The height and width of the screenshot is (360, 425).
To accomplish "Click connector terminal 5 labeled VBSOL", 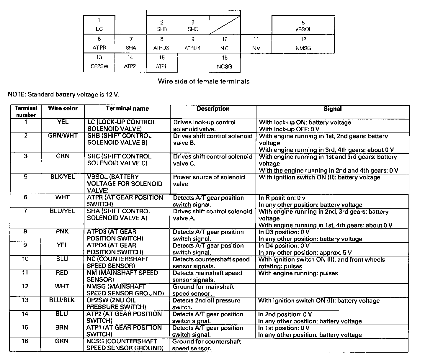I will tap(303, 25).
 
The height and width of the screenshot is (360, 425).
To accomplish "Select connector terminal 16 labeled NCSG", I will tap(225, 62).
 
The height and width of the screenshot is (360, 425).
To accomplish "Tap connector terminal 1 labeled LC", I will tap(99, 25).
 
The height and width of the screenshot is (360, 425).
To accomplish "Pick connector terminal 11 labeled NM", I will tap(256, 44).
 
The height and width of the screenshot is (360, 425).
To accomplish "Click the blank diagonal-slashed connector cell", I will tap(225, 25).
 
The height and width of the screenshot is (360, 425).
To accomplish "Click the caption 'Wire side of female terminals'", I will tap(204, 81).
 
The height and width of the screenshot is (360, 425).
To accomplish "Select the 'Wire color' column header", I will tap(63, 108).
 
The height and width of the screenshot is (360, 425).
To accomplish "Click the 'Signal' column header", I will tap(333, 109).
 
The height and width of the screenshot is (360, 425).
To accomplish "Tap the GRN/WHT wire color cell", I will tap(63, 135).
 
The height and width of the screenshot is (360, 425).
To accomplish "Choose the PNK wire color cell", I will tap(62, 231).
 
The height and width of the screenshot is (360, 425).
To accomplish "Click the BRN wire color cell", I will tap(62, 328).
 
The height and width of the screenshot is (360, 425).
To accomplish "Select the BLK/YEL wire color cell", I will tap(63, 177).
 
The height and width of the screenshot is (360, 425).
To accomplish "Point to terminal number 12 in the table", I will tap(25, 286).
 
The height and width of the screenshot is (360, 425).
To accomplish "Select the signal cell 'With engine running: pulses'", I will tap(298, 273).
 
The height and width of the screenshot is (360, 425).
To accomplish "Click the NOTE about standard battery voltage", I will tap(64, 94).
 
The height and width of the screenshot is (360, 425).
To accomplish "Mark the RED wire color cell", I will tap(62, 273).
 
